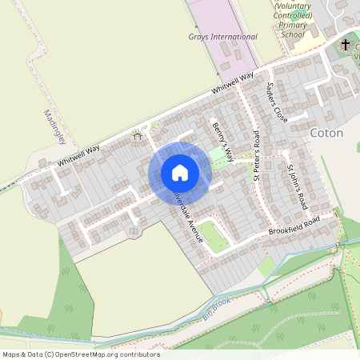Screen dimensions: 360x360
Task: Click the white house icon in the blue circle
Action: click(180, 172)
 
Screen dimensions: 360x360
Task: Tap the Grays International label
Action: click(223, 37)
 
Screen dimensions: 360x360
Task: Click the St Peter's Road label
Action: click(257, 156)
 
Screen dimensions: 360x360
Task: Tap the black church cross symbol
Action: click(346, 45)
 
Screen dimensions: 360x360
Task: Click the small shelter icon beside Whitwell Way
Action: click(137, 137)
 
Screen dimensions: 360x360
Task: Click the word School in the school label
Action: click(294, 35)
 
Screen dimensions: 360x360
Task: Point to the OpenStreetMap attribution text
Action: click(81, 354)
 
